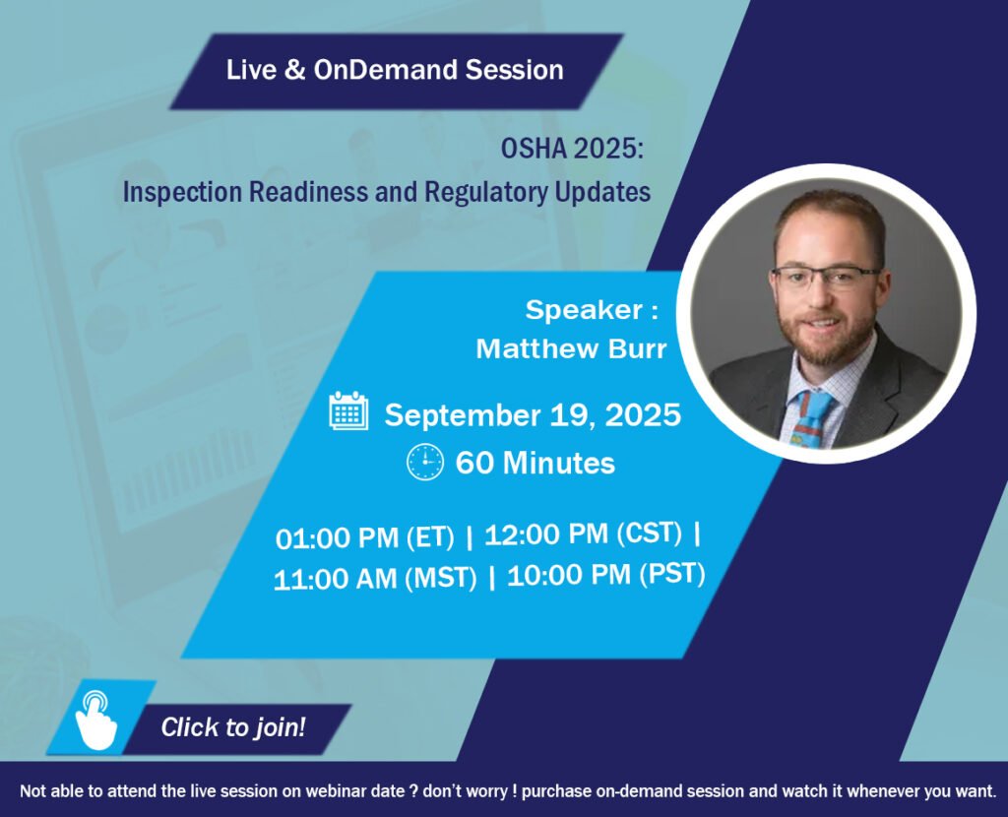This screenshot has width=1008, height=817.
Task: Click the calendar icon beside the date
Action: pos(349,410)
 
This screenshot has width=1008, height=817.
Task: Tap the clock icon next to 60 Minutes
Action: pos(425,462)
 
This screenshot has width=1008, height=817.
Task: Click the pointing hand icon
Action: pos(96,720)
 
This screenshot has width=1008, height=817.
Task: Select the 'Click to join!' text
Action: pos(233,727)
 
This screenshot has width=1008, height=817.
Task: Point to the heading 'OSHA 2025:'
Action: pos(572,150)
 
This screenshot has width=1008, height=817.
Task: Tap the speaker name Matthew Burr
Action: pos(571,349)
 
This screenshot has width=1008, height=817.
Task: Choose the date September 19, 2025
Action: pos(533,414)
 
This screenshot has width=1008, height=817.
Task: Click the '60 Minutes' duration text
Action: pos(535,463)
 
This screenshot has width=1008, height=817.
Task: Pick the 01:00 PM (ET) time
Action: pos(364,538)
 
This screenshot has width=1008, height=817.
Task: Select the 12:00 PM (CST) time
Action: pos(583,534)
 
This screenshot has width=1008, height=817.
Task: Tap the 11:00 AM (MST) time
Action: pos(375,579)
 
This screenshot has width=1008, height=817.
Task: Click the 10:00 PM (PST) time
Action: pos(606,575)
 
